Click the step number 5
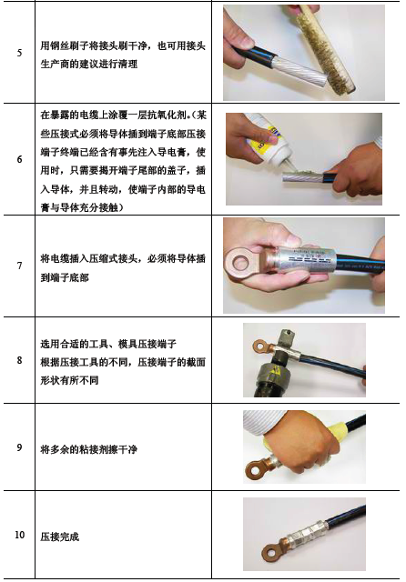point(19,53)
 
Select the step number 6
point(19,159)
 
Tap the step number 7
point(19,266)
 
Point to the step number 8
point(19,360)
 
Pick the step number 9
point(19,447)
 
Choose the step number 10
point(19,535)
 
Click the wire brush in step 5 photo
point(326,50)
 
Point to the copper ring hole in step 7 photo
point(240,263)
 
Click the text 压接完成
point(60,537)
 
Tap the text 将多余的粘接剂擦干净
point(89,449)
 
